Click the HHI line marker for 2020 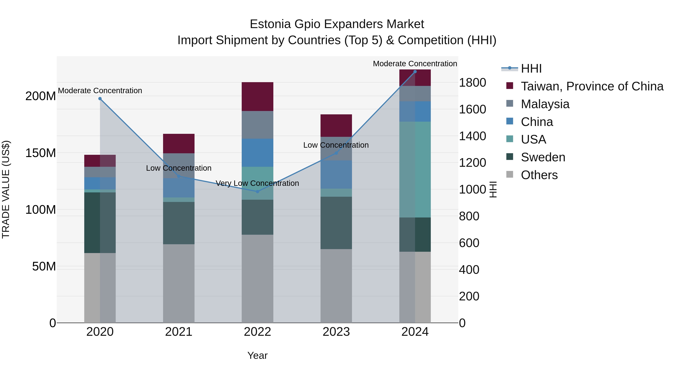[100, 99]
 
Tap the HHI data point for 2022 [257, 191]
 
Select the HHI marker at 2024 [415, 72]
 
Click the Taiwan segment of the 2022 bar [257, 97]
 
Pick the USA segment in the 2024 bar [415, 170]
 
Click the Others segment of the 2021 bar [179, 283]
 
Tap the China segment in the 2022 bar [257, 153]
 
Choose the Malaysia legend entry [545, 104]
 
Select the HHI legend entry [531, 69]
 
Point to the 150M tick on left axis [41, 153]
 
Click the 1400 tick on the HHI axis [473, 136]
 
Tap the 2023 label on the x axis [336, 332]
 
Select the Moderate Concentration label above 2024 [415, 64]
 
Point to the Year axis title [257, 355]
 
